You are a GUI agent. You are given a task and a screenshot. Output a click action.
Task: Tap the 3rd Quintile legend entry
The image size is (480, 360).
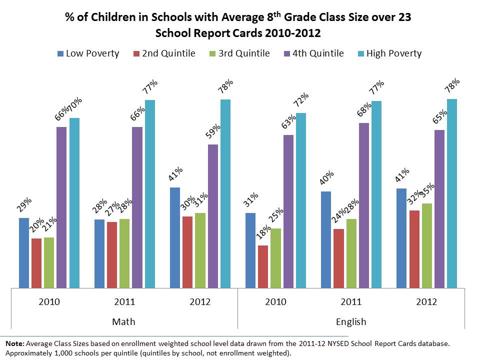click(x=239, y=53)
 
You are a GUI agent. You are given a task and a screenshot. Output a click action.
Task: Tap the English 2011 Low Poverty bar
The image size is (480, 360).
click(x=326, y=239)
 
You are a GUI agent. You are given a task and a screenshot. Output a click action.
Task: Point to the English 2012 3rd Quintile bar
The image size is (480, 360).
click(x=427, y=245)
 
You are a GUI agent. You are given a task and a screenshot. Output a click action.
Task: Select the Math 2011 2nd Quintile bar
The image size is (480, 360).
click(x=112, y=254)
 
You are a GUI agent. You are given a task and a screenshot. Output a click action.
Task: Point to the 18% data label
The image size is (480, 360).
click(x=262, y=233)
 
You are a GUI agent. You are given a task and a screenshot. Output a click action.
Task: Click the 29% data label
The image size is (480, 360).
click(x=24, y=206)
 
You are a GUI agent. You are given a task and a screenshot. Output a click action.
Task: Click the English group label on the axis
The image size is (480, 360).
click(x=351, y=321)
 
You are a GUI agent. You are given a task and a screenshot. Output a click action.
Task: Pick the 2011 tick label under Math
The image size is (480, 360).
click(x=124, y=302)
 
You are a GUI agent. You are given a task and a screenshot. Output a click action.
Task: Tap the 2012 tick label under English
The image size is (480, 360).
click(x=426, y=302)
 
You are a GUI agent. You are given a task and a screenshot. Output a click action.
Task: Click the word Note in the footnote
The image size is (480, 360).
click(x=14, y=343)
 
